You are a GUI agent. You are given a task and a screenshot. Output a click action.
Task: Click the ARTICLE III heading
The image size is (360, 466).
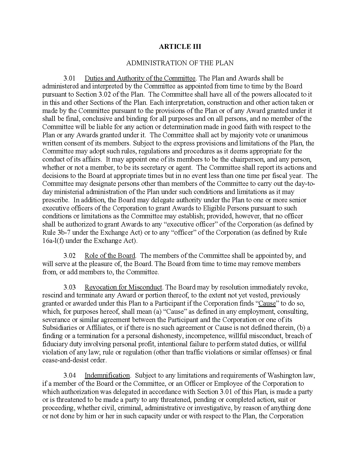180,47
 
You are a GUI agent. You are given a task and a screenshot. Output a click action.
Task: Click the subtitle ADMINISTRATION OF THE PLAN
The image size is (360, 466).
180,63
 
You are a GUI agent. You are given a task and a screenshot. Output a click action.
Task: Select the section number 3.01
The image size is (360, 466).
69,78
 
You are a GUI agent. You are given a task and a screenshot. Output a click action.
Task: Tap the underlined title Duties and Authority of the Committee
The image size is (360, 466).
140,78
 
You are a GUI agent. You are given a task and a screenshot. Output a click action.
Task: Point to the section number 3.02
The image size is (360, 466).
69,256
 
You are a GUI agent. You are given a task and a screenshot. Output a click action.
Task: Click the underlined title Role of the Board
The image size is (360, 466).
110,256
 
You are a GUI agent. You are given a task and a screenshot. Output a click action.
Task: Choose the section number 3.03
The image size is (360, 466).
69,287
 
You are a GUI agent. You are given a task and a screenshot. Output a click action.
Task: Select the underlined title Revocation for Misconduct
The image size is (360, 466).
123,287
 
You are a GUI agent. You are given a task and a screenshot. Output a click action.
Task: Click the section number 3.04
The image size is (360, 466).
69,375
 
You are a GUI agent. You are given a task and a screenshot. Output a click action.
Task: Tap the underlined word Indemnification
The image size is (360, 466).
107,375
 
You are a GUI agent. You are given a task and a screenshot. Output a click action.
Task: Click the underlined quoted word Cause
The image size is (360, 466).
267,304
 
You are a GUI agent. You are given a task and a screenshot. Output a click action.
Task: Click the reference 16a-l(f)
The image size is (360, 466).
53,241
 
